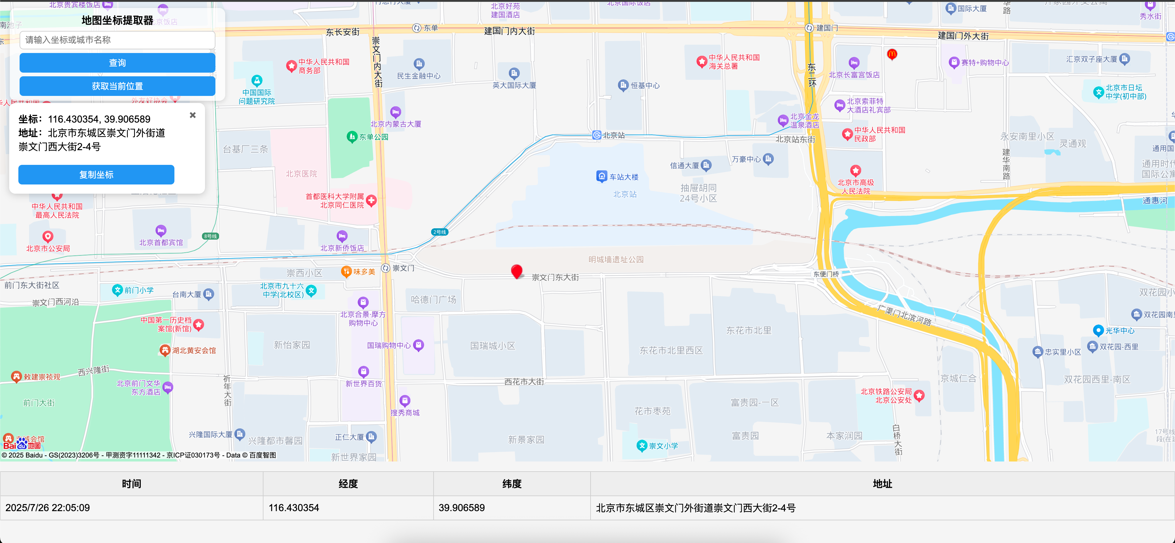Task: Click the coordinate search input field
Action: tap(117, 40)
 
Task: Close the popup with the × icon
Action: tap(192, 115)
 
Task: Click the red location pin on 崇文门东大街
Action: tap(516, 271)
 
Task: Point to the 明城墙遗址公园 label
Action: tap(616, 260)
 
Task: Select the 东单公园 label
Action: tap(373, 137)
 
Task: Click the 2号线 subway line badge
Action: tap(440, 232)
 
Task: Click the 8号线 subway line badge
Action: tap(210, 236)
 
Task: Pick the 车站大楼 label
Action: tap(624, 177)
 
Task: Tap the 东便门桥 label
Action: tap(826, 274)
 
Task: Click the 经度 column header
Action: tap(348, 484)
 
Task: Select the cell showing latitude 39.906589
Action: tap(462, 508)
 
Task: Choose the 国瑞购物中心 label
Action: tap(389, 346)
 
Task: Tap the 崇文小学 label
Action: tap(663, 446)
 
